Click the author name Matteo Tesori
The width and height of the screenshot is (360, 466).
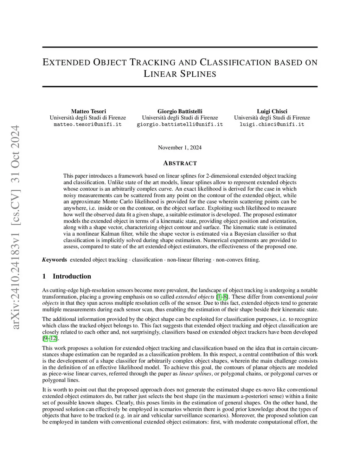[x=88, y=111]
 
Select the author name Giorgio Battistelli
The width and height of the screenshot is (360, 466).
[x=180, y=111]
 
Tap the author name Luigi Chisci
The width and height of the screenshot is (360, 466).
[x=272, y=111]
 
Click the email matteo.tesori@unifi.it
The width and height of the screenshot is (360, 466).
[x=88, y=125]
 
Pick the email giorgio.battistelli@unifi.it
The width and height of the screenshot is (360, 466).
[x=180, y=125]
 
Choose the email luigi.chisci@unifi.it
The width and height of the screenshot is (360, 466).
[x=272, y=125]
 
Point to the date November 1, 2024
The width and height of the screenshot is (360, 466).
[x=180, y=147]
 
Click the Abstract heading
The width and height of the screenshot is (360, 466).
[x=180, y=163]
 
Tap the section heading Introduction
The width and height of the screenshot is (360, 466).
[x=72, y=276]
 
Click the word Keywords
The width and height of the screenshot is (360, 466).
[x=54, y=260]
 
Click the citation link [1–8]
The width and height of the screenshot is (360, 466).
[x=223, y=297]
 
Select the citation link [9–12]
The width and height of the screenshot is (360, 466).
[x=50, y=338]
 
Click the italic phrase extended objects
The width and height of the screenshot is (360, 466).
[x=195, y=297]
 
